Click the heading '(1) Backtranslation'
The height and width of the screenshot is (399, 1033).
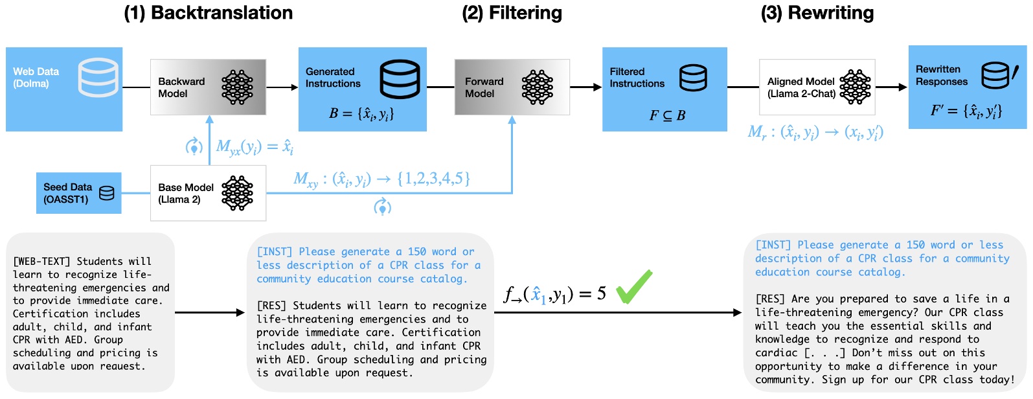coord(208,13)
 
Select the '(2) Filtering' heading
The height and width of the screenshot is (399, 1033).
coord(512,13)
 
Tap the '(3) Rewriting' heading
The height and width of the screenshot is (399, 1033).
coord(817,13)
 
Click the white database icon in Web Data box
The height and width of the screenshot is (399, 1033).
coord(98,77)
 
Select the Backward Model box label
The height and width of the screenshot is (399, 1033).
coord(181,87)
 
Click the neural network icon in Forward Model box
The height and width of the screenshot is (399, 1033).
coord(538,87)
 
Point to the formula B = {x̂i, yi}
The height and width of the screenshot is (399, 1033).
coord(361,114)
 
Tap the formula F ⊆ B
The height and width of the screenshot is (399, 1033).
coord(667,116)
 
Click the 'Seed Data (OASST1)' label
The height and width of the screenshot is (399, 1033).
coord(67,193)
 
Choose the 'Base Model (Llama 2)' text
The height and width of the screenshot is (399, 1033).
coord(186,193)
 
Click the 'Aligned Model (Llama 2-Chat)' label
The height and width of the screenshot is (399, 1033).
coord(801,87)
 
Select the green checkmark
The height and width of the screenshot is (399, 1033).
coord(633,287)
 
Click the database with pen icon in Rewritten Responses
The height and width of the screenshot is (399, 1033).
coord(998,76)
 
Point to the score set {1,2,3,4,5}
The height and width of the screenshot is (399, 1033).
coord(433,178)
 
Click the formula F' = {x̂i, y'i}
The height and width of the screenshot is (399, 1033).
coord(966,111)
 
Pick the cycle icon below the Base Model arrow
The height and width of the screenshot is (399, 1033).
coord(383,207)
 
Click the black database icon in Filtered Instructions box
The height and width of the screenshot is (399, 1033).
coord(693,78)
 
